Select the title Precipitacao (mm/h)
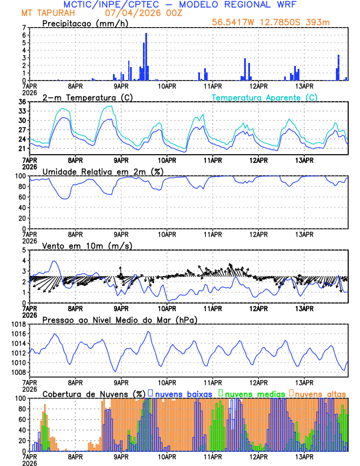point(84,23)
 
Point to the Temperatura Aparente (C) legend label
point(265,97)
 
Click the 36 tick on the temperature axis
point(22,102)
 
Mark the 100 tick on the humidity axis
point(19,176)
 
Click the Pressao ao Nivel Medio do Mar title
point(119,319)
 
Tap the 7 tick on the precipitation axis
point(24,28)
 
